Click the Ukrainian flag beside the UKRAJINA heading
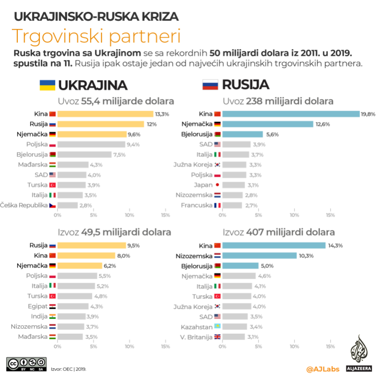(x=47, y=85)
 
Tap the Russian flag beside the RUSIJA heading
(x=210, y=85)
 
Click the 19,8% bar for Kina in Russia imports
(x=291, y=114)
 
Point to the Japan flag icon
(x=218, y=185)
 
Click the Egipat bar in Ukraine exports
(x=73, y=306)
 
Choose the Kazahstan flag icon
(x=218, y=326)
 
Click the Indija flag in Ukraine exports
(x=53, y=316)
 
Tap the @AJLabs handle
(x=324, y=368)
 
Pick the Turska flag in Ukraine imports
(x=53, y=185)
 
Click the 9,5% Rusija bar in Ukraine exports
(x=92, y=245)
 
